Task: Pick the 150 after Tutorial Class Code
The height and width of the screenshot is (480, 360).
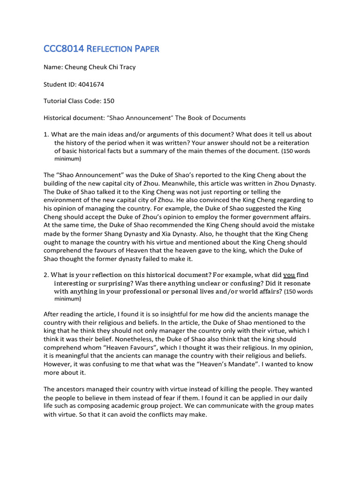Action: coord(108,101)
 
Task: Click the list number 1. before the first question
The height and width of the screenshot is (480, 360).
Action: coord(46,135)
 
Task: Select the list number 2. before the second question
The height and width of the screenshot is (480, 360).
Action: coord(46,275)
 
